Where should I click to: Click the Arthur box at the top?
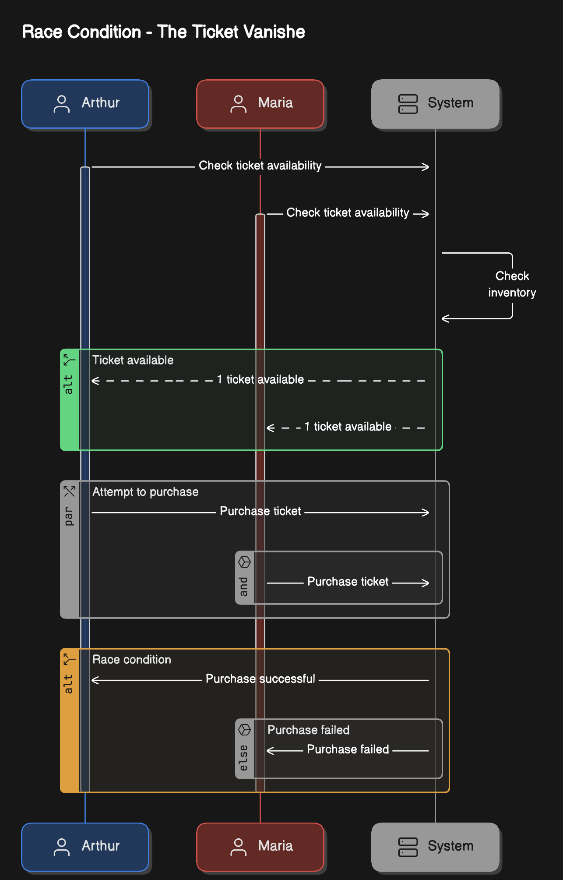[85, 104]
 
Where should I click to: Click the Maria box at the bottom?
[260, 847]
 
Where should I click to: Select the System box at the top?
[435, 104]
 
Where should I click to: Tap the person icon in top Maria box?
[238, 104]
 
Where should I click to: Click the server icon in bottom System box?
[408, 847]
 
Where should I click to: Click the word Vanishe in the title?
[274, 32]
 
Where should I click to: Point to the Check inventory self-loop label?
[512, 284]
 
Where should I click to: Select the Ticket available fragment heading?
[133, 360]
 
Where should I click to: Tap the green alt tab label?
[69, 384]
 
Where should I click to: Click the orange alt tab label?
[69, 683]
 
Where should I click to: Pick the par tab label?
[69, 516]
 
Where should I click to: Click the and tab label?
[244, 586]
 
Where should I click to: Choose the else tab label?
[244, 757]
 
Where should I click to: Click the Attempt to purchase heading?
[145, 492]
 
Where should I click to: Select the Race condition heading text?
[131, 660]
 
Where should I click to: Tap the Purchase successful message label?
[260, 679]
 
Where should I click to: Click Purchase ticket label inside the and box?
[348, 582]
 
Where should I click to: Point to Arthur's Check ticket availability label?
[260, 166]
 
